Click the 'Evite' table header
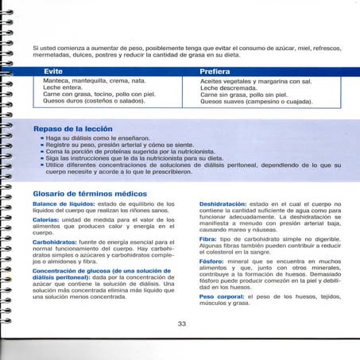coord(54,72)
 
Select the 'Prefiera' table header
coord(215,72)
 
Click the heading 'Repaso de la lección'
coord(72,128)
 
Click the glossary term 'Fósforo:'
coord(211,260)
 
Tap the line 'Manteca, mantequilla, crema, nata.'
coord(95,81)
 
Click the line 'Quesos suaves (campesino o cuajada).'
coord(255,101)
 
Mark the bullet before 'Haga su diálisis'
coord(41,137)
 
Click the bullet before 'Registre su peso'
coord(41,145)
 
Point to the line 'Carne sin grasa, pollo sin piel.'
coord(247,95)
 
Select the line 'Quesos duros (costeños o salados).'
coord(95,101)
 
